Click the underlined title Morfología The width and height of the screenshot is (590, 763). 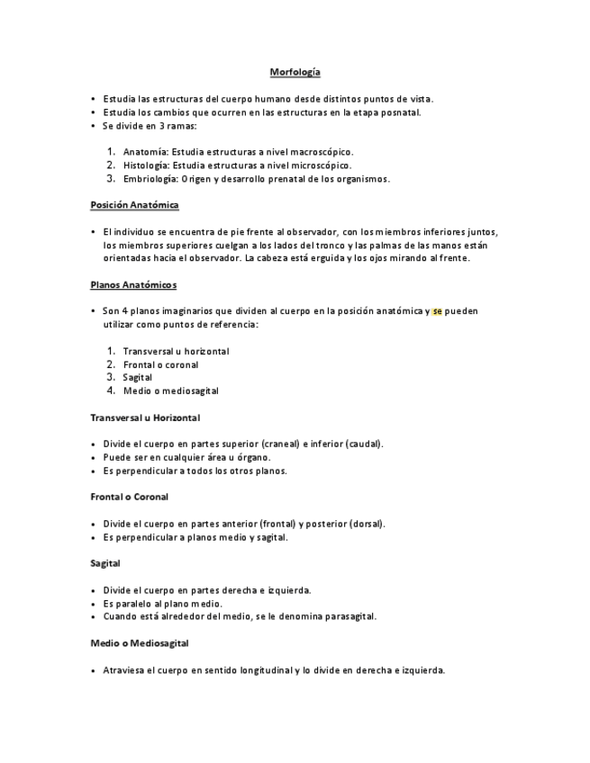tap(295, 72)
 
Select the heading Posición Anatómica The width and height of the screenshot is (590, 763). tap(134, 205)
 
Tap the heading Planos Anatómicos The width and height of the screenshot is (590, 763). tap(133, 285)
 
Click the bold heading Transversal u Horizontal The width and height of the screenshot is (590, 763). tap(145, 417)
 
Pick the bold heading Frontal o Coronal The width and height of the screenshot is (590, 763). tap(130, 497)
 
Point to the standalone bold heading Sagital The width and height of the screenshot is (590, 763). tap(105, 563)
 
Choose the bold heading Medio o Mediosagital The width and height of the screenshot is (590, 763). tap(140, 643)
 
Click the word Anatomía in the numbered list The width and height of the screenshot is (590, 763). tap(144, 152)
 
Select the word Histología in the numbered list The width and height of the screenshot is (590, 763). tap(146, 166)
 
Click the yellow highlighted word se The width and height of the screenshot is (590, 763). tap(437, 311)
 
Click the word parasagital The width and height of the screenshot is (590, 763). tap(347, 617)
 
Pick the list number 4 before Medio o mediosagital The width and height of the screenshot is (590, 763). tap(111, 390)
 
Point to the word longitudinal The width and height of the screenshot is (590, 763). tap(262, 670)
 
